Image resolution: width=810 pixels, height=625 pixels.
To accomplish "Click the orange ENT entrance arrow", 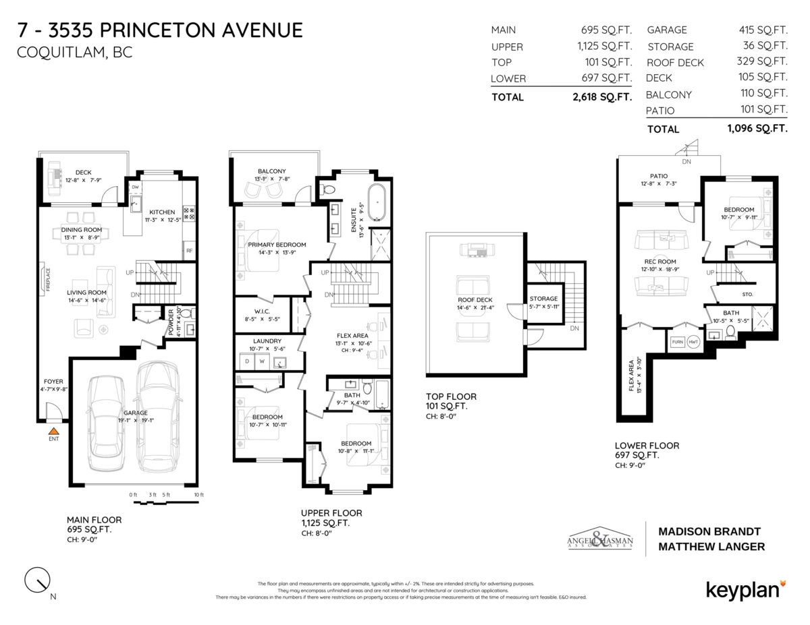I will pyautogui.click(x=53, y=429).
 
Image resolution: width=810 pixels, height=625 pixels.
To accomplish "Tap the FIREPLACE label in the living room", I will pyautogui.click(x=48, y=280).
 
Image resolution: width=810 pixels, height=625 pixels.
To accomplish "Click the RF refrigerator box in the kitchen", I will pyautogui.click(x=190, y=251).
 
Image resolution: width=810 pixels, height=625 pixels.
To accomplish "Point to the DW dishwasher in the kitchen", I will pyautogui.click(x=135, y=187).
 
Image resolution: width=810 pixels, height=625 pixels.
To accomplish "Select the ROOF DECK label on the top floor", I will pyautogui.click(x=475, y=300).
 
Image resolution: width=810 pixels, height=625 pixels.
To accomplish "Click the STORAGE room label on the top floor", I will pyautogui.click(x=543, y=299).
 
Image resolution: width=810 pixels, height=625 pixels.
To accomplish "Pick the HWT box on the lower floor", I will pyautogui.click(x=693, y=343).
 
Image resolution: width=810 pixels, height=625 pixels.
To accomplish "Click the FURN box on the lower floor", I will pyautogui.click(x=677, y=343).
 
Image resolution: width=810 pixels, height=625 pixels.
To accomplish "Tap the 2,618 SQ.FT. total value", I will pyautogui.click(x=601, y=97).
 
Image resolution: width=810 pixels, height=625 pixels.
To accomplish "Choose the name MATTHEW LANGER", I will pyautogui.click(x=711, y=547).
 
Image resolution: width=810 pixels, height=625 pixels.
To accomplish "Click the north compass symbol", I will pyautogui.click(x=38, y=578).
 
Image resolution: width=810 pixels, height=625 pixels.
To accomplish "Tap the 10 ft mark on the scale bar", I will pyautogui.click(x=198, y=496).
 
